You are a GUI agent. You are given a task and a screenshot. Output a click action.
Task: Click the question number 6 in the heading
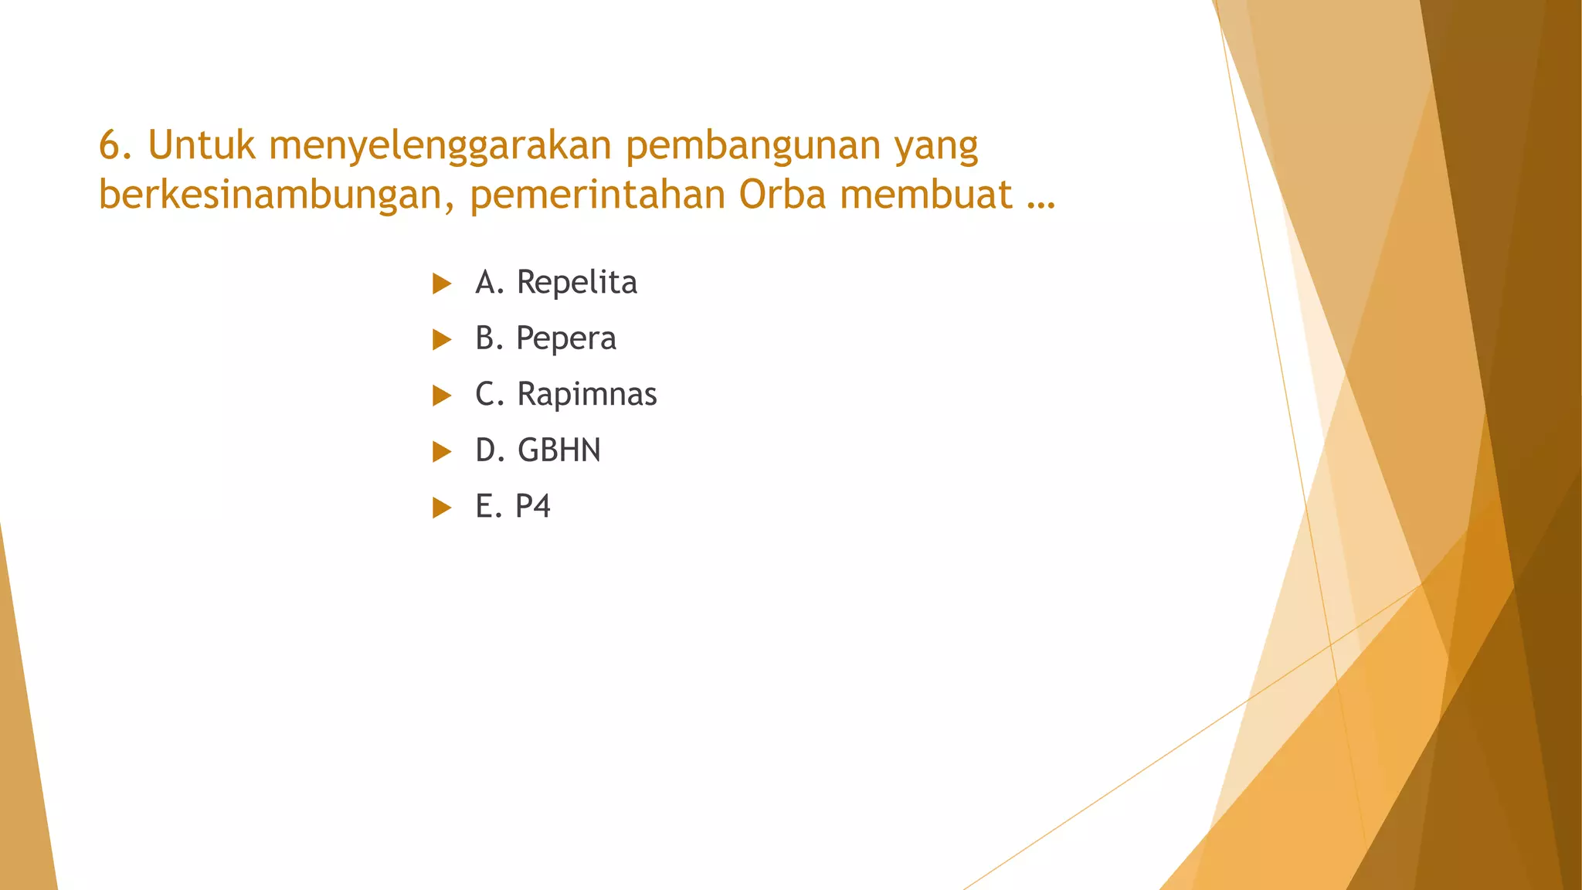(x=110, y=145)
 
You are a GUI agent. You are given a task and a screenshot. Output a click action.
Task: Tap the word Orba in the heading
(x=782, y=194)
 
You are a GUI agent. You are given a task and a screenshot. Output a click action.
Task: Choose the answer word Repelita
(x=577, y=283)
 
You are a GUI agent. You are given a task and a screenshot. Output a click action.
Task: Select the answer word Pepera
(x=566, y=339)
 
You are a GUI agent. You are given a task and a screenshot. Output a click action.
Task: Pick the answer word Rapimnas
(x=587, y=395)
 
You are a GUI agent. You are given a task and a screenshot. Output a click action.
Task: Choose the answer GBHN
(x=559, y=450)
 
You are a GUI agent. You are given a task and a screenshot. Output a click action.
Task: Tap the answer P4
(x=533, y=507)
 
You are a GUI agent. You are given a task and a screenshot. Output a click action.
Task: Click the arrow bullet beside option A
(x=442, y=284)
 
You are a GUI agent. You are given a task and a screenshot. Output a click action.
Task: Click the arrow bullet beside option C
(x=442, y=396)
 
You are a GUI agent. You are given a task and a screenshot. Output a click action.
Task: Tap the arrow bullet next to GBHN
(x=442, y=451)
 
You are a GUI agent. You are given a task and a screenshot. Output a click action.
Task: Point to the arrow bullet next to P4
(x=442, y=508)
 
